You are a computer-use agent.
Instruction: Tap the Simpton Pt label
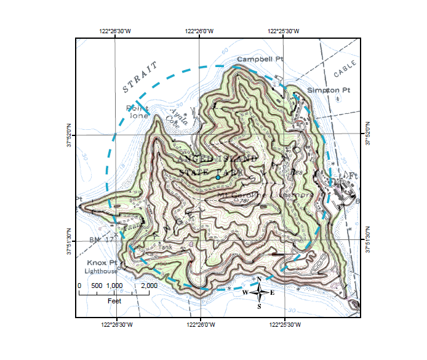click(x=329, y=90)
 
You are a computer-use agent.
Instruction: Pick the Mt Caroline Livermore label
click(x=266, y=195)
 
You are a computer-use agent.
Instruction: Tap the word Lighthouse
click(x=101, y=271)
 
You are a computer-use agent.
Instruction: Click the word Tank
click(x=166, y=247)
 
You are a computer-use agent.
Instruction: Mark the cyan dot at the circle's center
click(x=218, y=177)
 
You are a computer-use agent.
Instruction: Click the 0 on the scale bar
click(x=79, y=286)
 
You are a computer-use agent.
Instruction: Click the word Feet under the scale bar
click(x=114, y=301)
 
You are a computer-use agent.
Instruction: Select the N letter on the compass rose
click(x=259, y=279)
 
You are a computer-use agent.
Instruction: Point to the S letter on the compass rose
click(x=259, y=306)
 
